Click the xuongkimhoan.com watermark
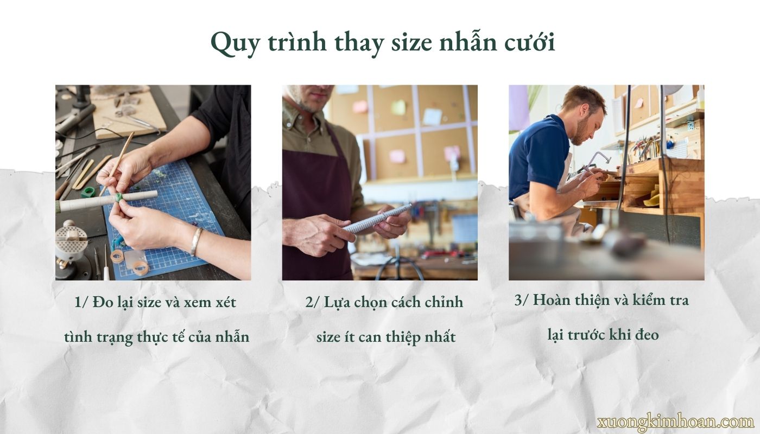[x=675, y=422]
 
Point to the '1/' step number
[x=81, y=302]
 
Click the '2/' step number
[x=313, y=302]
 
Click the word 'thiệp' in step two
[x=398, y=337]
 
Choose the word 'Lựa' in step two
[x=337, y=302]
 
